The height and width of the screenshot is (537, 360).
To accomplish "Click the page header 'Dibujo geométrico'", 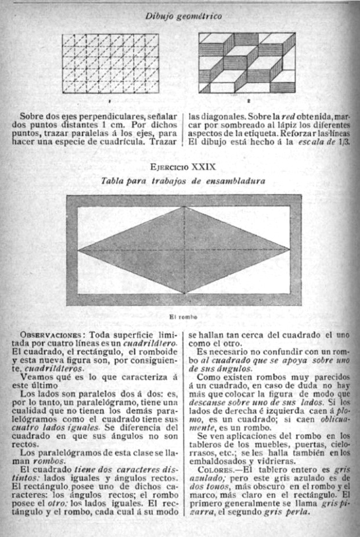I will (183, 17).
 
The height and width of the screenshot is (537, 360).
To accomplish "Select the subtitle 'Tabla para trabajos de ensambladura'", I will (183, 181).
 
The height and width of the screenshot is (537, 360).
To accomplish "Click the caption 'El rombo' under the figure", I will (183, 317).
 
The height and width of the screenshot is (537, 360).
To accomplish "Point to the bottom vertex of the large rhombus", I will (184, 294).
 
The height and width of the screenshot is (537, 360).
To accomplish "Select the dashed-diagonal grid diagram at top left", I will (110, 63).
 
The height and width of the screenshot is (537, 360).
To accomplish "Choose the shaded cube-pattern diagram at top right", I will (246, 63).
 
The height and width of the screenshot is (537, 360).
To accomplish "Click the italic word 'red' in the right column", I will (273, 115).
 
